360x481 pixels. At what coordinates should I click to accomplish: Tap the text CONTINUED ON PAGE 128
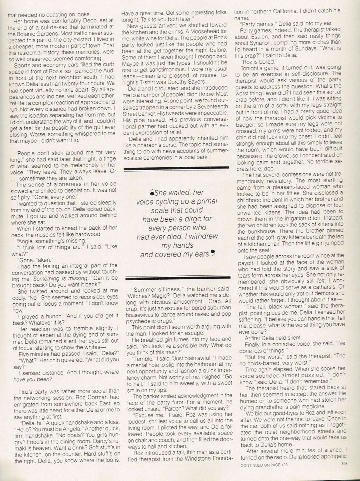tap(264, 476)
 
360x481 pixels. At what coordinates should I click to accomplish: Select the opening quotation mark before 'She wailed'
tap(146, 193)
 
